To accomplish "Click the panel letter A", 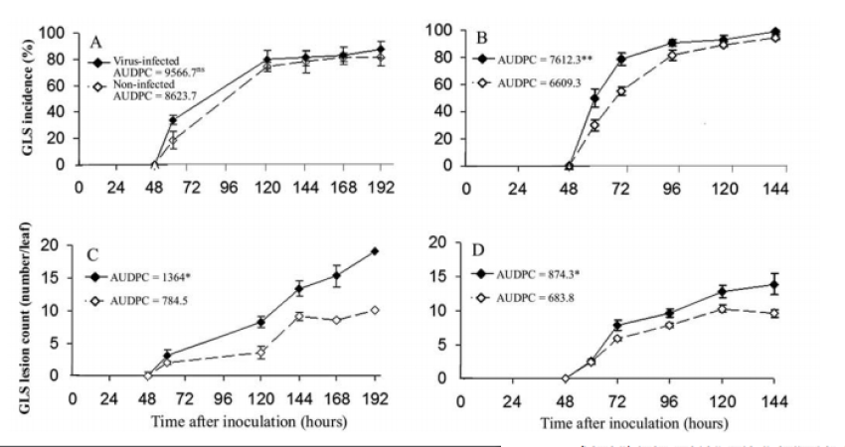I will [96, 43].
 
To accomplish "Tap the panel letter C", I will [91, 250].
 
